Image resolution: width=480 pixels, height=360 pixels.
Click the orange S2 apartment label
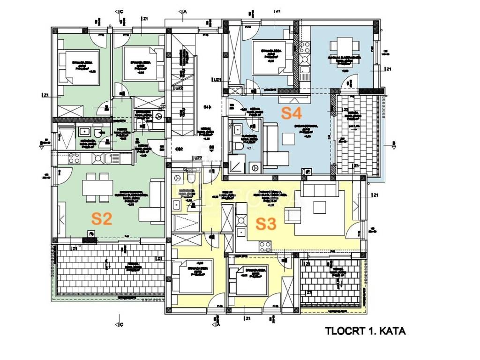click(102, 218)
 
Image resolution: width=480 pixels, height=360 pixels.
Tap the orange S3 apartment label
click(266, 224)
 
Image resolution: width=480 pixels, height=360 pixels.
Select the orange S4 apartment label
click(291, 112)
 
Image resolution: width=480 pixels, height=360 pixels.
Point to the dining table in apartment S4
click(346, 48)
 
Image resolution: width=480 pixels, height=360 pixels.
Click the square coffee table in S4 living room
click(288, 139)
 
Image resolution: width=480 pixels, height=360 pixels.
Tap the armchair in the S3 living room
click(294, 215)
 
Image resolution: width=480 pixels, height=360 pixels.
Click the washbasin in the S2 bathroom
click(85, 132)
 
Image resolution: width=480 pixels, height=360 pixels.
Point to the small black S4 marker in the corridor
click(207, 107)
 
